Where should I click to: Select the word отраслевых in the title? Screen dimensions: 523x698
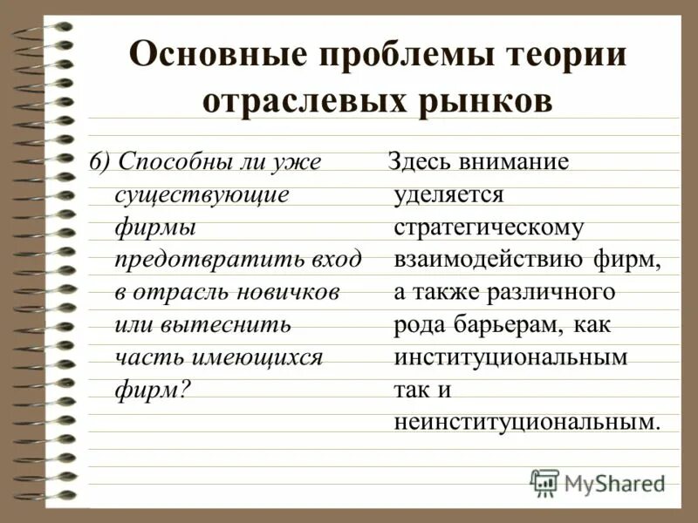[x=304, y=101]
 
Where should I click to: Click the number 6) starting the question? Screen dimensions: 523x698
[x=101, y=162]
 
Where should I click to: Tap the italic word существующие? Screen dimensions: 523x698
[x=202, y=194]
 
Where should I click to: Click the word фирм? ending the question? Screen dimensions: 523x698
[x=152, y=389]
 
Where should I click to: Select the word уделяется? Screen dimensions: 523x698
[x=448, y=194]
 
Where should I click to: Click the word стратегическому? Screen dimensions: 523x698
[x=488, y=227]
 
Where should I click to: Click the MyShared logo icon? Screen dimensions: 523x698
[x=544, y=482]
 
